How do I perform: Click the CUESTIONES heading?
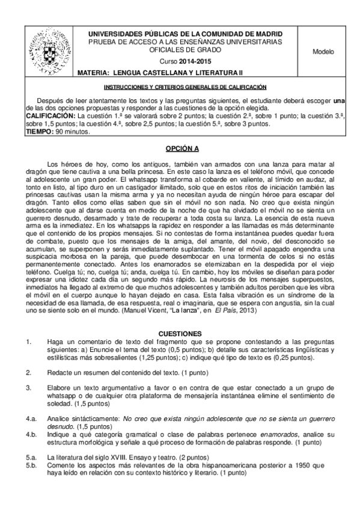tap(183, 333)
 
